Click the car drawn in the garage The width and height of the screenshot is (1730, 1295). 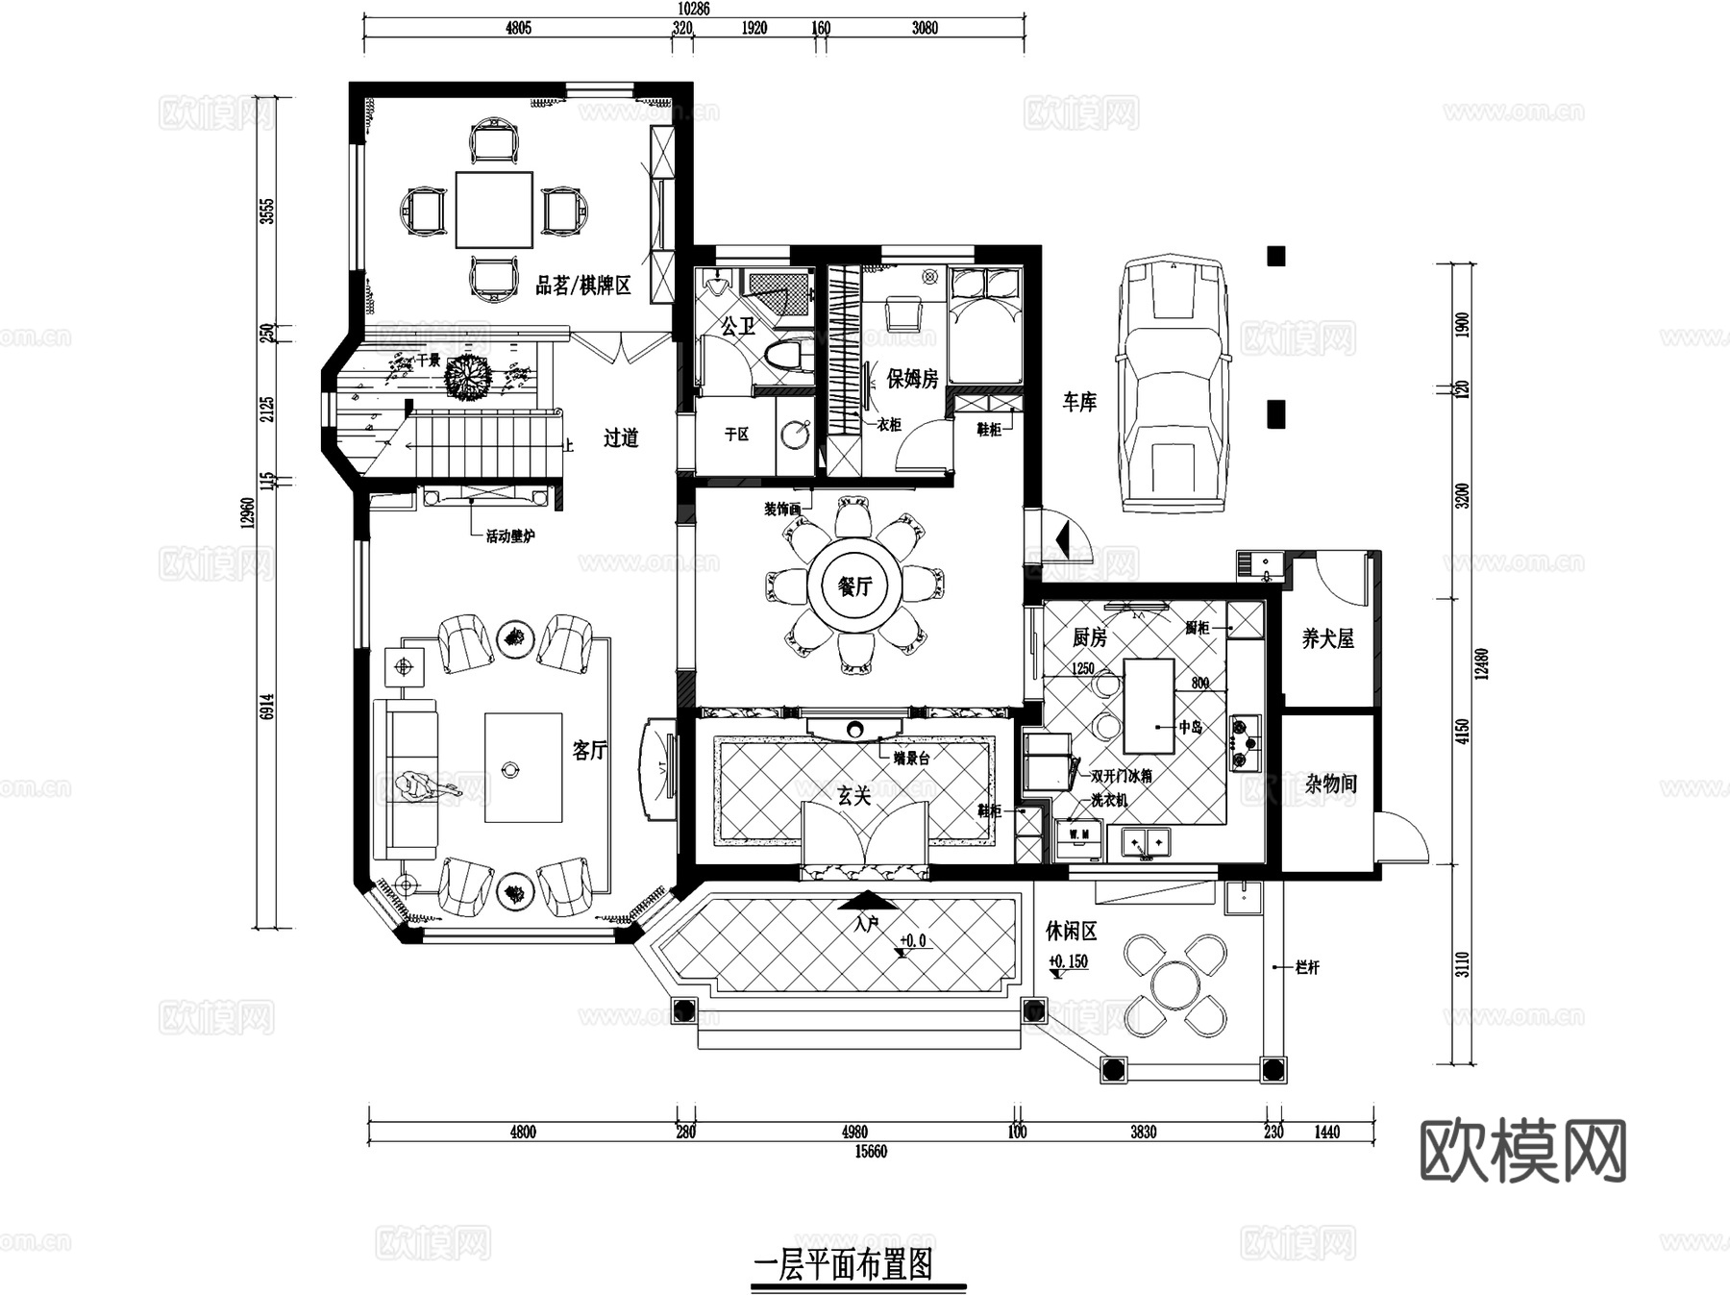(x=1173, y=385)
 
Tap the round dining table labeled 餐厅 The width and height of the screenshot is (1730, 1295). (x=854, y=586)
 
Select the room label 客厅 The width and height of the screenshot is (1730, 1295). (x=589, y=750)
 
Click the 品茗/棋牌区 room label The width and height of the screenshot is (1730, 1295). (x=582, y=286)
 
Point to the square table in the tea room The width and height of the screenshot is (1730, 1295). (x=494, y=210)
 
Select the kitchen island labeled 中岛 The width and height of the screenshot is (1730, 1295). (x=1149, y=706)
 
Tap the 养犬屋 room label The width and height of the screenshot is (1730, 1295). (x=1327, y=638)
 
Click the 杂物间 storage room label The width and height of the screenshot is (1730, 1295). (x=1330, y=784)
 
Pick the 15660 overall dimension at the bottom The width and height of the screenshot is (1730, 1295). (x=871, y=1152)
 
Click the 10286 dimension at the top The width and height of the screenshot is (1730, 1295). (x=692, y=10)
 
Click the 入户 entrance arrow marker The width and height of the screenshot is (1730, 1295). (x=867, y=904)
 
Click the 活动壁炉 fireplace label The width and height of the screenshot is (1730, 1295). (x=509, y=536)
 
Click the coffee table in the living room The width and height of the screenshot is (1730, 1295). (x=523, y=767)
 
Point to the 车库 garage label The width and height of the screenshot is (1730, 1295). (x=1078, y=402)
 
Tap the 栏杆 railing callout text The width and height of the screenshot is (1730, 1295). (x=1307, y=967)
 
